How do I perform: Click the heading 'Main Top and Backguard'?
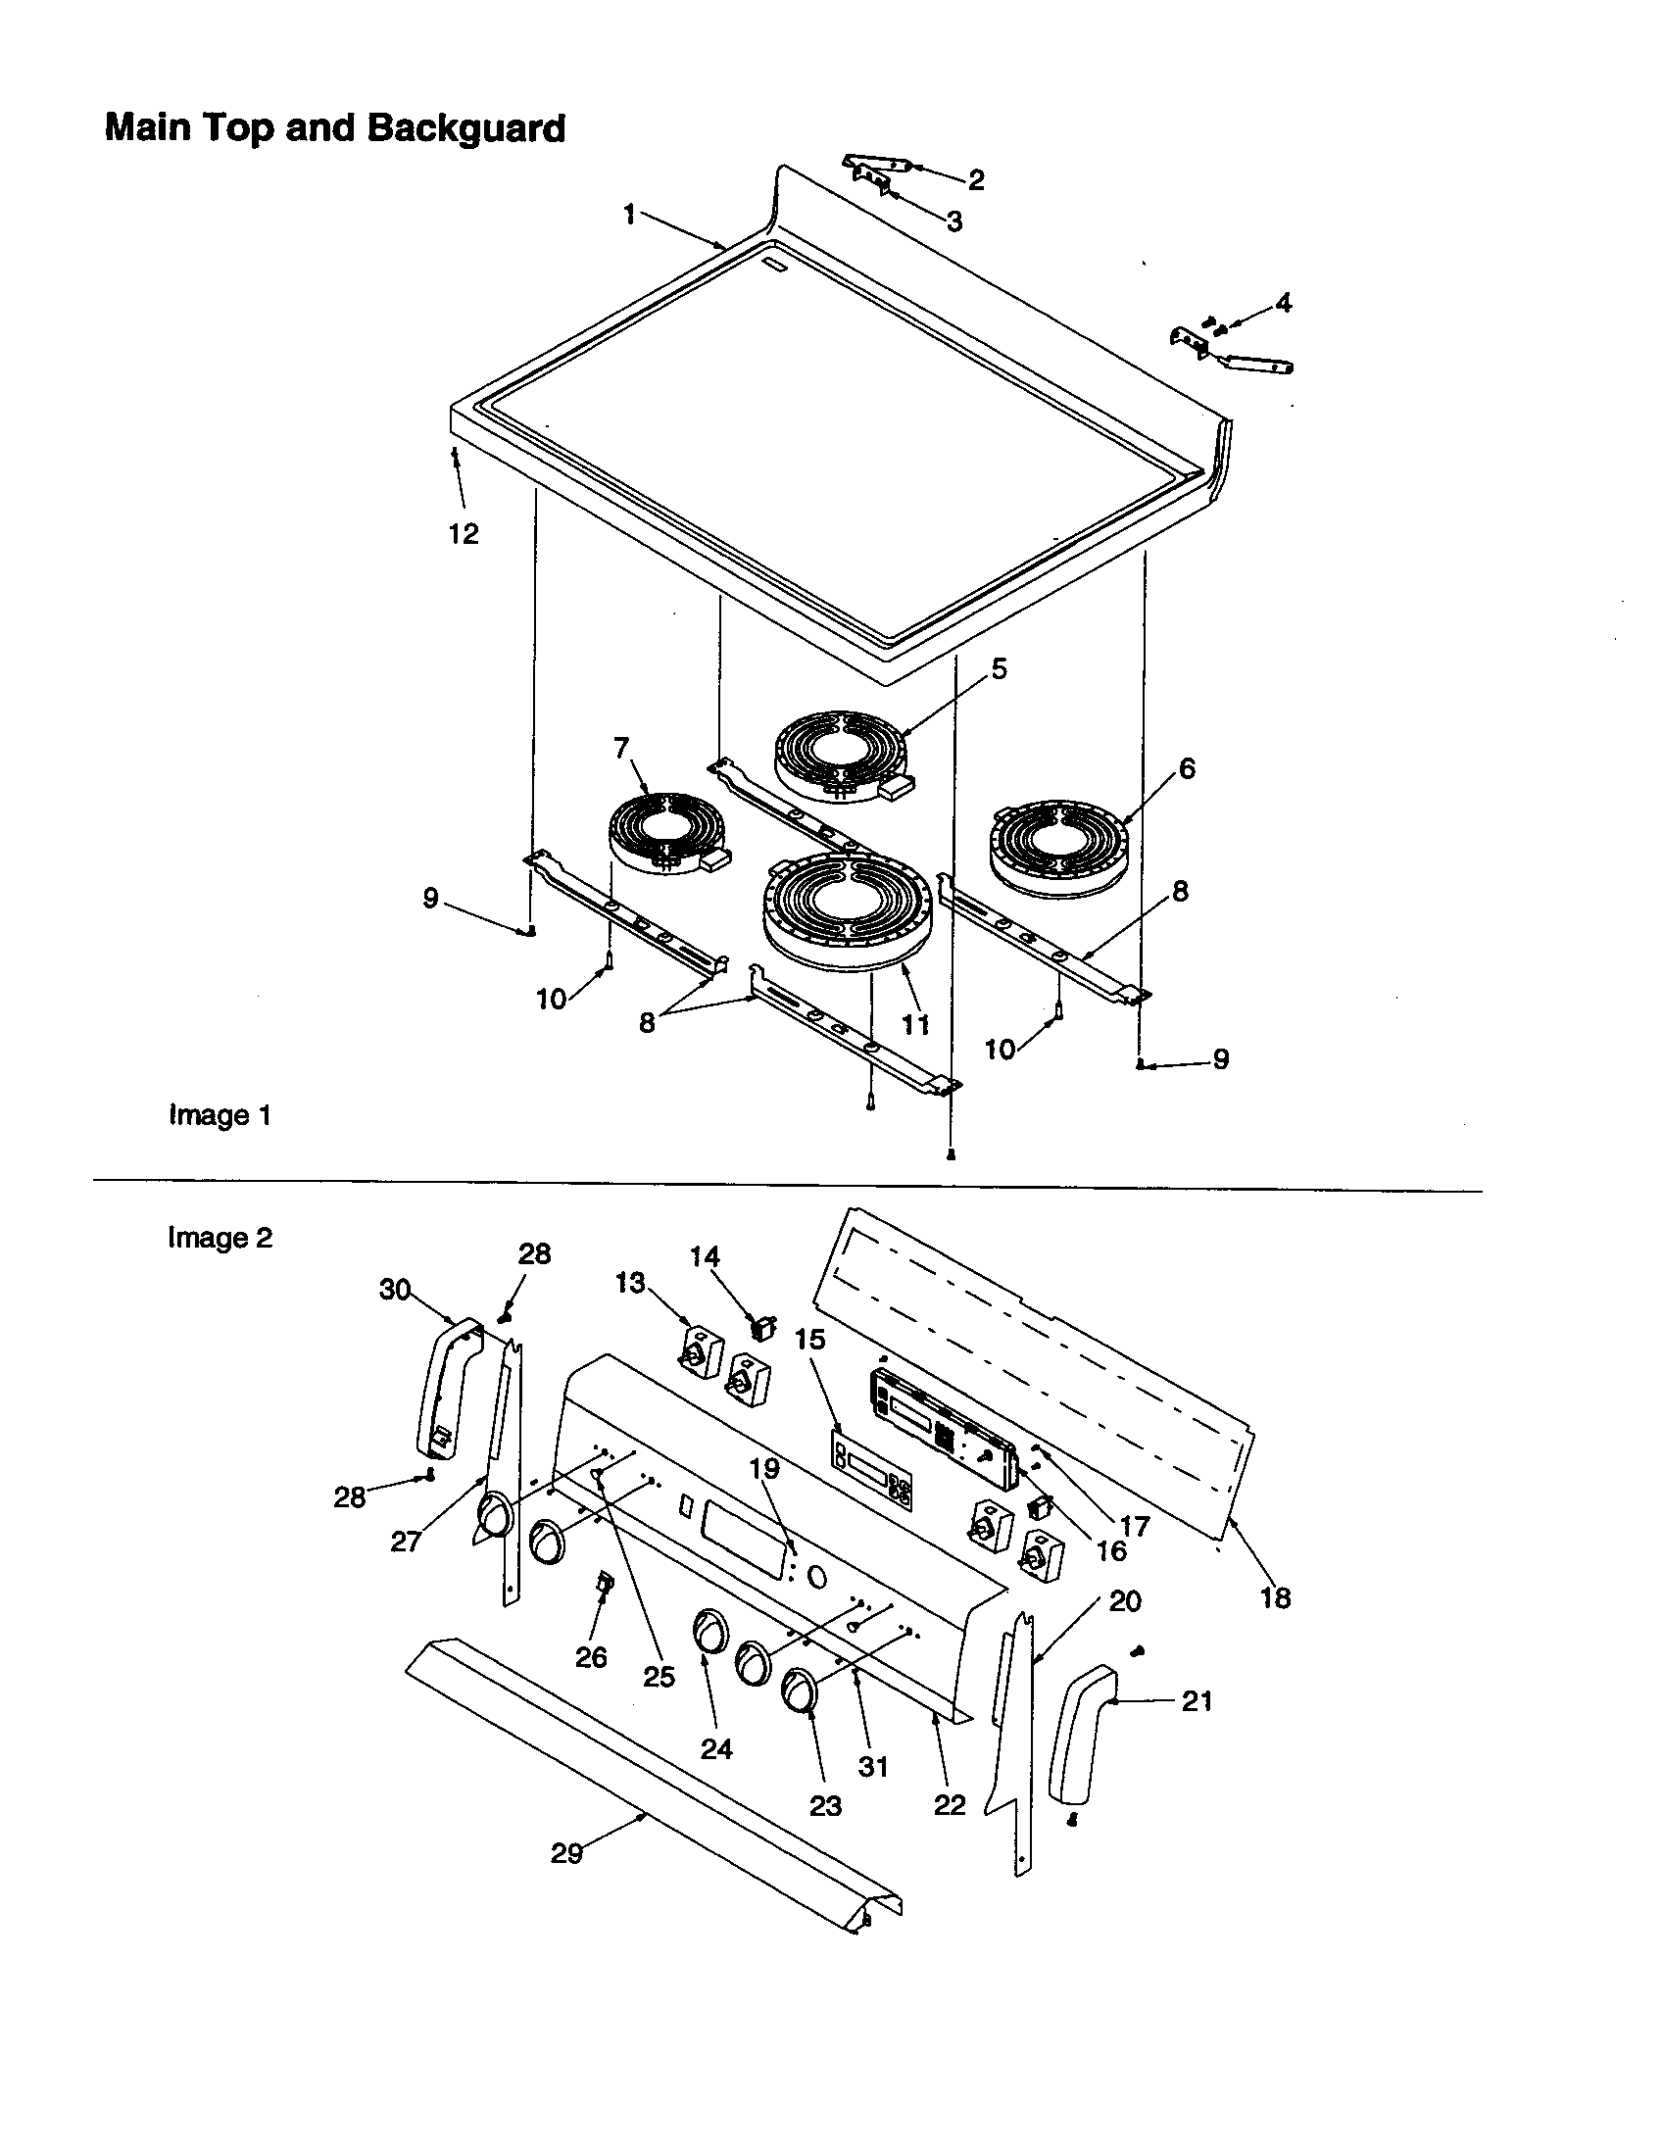(334, 128)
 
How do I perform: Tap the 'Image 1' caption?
(220, 1115)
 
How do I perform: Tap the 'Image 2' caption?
(220, 1238)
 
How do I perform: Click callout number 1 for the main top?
(629, 214)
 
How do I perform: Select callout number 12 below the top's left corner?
(463, 534)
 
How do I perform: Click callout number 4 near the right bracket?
(1283, 303)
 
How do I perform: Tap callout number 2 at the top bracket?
(975, 179)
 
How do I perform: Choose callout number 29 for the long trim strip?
(566, 1854)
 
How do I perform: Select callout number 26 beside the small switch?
(591, 1657)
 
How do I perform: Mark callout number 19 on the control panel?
(764, 1469)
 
